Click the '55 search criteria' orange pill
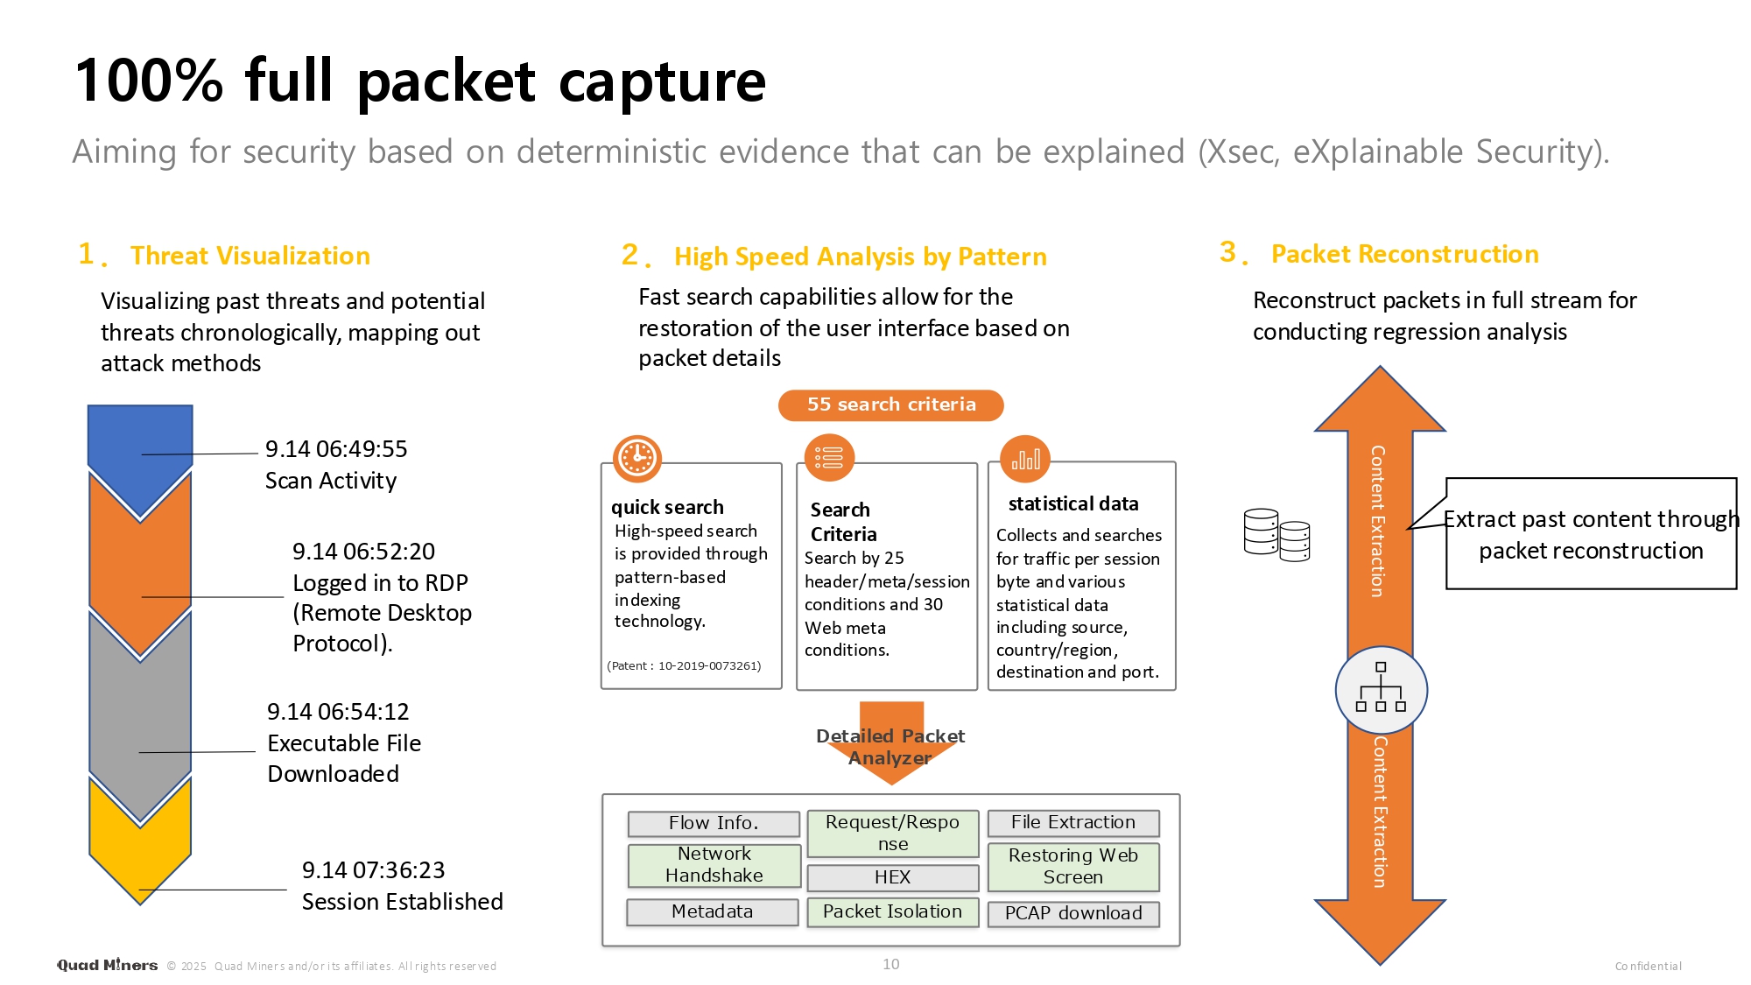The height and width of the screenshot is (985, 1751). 890,405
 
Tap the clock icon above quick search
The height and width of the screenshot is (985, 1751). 637,458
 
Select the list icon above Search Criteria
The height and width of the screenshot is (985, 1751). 829,458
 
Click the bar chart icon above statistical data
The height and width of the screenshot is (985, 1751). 1025,459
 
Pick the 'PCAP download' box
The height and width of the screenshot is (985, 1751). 1073,913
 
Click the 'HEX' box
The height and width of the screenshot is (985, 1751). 892,877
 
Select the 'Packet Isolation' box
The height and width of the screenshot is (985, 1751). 892,911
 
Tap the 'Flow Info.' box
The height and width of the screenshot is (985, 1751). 714,823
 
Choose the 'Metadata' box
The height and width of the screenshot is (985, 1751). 712,911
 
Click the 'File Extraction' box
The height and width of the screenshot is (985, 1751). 1073,822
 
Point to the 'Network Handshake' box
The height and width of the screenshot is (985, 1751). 714,865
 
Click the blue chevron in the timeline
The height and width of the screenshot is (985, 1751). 140,447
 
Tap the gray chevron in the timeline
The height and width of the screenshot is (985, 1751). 140,709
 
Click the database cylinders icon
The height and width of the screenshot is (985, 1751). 1276,534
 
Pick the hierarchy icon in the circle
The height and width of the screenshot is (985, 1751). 1381,689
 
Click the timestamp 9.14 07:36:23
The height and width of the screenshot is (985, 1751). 373,870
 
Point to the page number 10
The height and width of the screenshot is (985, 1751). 891,964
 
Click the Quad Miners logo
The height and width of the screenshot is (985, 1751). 108,965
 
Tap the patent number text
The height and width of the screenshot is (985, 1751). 684,665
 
